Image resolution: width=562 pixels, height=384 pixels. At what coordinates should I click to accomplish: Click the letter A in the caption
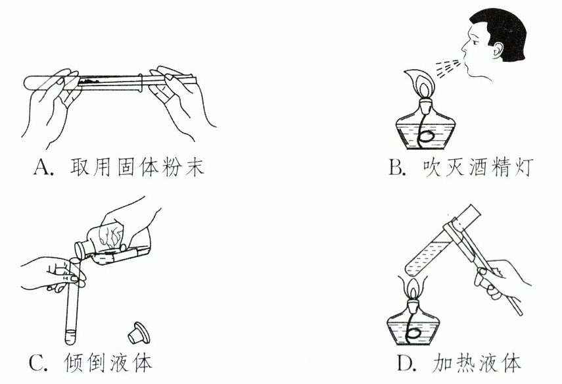tap(41, 169)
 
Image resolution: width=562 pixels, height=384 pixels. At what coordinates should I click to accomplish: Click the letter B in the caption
tap(396, 169)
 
